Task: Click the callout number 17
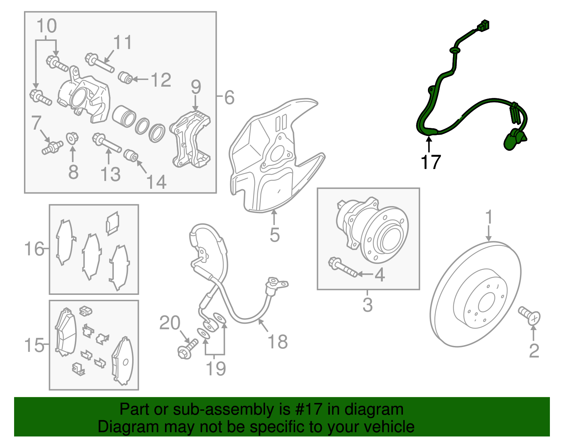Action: (430, 162)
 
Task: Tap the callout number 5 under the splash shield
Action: (275, 235)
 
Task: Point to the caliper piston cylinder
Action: (124, 116)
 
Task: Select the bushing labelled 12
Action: (125, 78)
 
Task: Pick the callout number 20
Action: (170, 323)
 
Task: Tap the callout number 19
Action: (215, 368)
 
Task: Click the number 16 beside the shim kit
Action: (34, 249)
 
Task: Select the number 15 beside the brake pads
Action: (34, 345)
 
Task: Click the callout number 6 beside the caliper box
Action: (229, 97)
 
